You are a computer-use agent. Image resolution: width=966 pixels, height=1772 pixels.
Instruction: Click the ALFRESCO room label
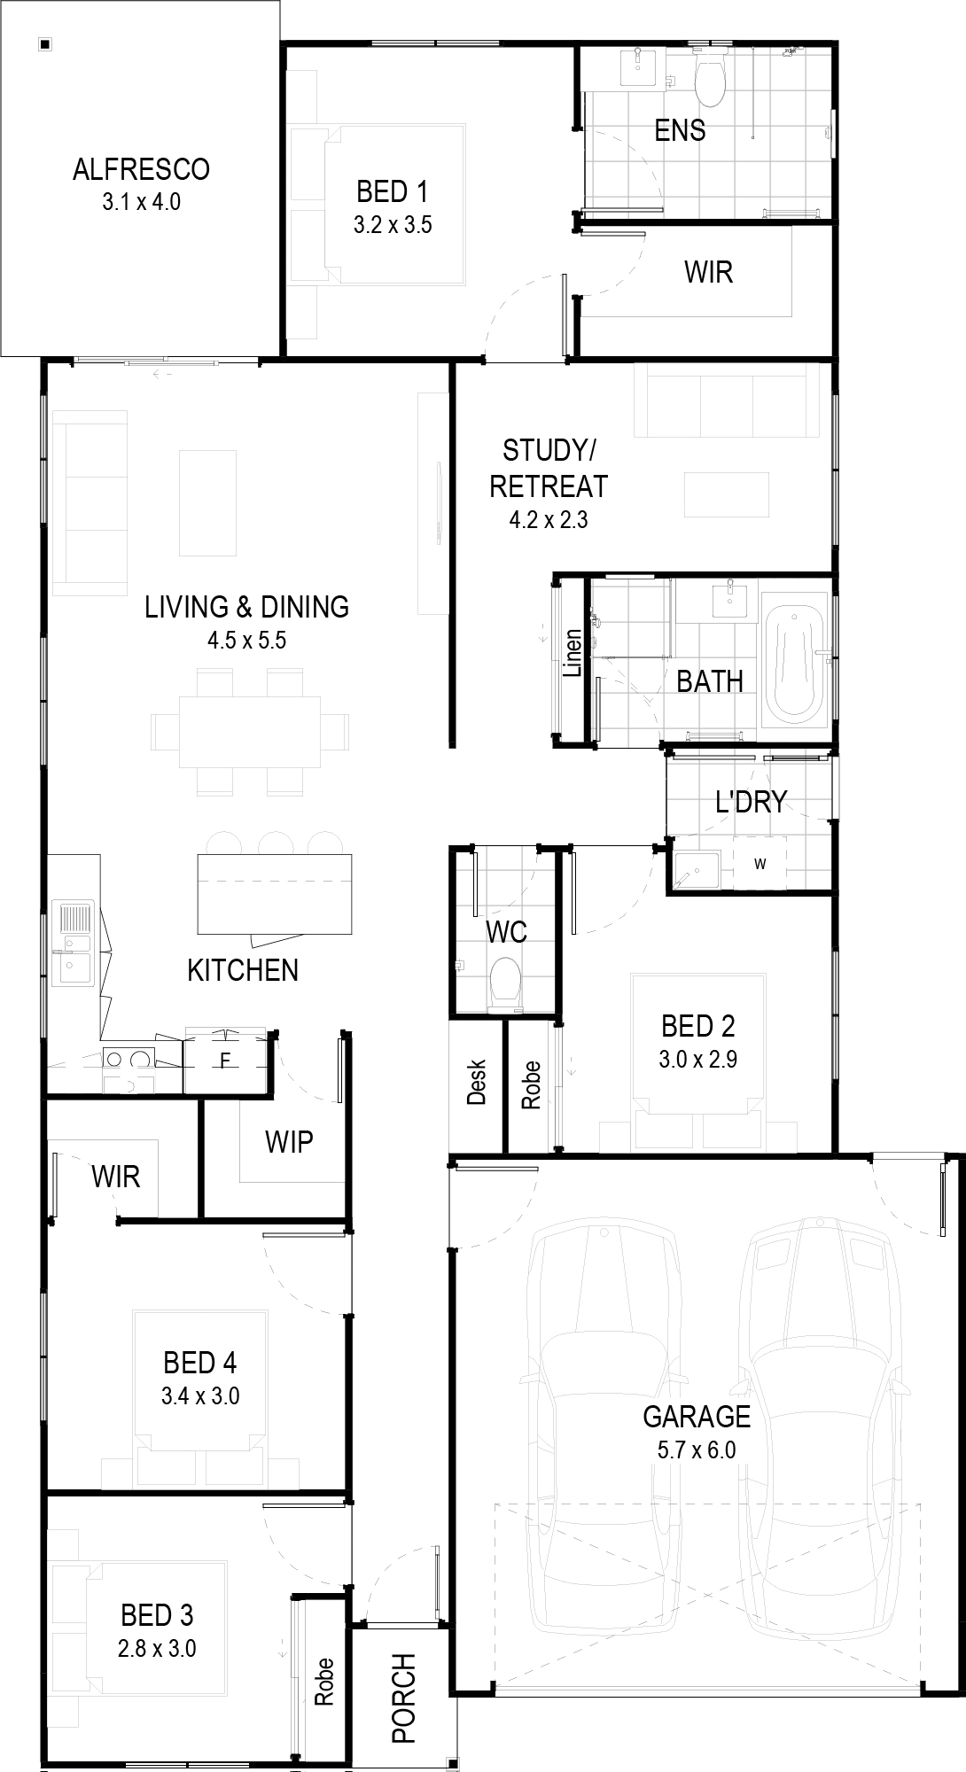click(141, 168)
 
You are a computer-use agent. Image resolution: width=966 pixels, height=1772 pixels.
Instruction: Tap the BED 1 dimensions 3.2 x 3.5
click(393, 225)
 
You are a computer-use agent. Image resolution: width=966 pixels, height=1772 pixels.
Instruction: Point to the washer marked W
click(760, 863)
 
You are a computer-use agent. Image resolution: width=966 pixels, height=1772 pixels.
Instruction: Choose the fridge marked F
click(225, 1060)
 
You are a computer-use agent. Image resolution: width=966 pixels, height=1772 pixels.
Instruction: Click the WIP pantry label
click(289, 1141)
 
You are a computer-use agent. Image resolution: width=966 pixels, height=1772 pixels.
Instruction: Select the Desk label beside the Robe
click(477, 1083)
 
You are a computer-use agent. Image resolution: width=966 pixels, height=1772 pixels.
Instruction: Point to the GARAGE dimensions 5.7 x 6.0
click(697, 1450)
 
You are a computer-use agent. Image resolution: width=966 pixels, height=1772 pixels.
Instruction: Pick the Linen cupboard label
click(573, 653)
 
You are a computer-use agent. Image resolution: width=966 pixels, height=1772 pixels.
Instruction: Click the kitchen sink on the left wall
click(74, 943)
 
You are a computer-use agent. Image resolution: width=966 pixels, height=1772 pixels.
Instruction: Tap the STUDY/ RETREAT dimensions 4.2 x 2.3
click(549, 520)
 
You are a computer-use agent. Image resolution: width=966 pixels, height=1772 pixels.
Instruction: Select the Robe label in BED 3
click(323, 1682)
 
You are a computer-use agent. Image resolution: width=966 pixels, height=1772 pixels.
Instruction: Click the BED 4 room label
click(200, 1363)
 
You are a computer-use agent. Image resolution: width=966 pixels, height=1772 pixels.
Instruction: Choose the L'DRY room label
click(752, 801)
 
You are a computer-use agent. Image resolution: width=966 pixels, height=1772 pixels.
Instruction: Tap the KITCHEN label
click(243, 970)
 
